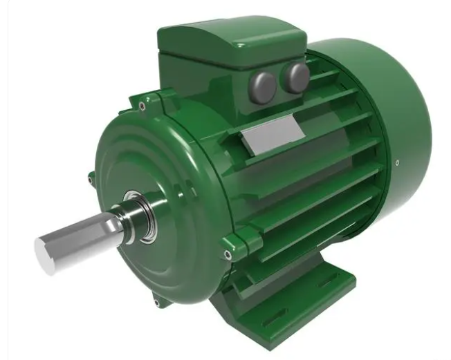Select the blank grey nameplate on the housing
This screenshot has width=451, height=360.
270,139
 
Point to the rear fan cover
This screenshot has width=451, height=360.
387,124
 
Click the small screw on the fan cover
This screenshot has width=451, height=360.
396,163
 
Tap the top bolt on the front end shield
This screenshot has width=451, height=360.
142,106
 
